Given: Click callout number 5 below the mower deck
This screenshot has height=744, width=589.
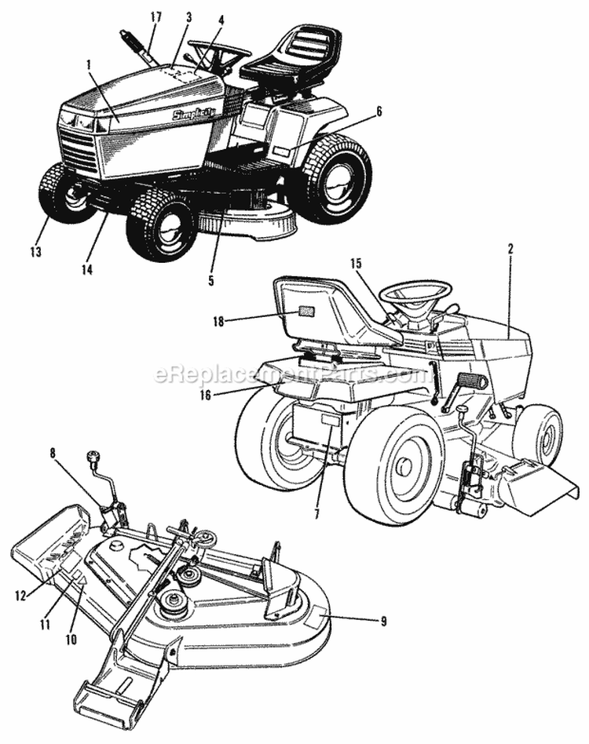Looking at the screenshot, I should pos(211,279).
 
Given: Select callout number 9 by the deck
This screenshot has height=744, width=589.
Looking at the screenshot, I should pos(383,622).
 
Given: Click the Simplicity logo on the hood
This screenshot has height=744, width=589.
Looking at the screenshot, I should pos(195,114).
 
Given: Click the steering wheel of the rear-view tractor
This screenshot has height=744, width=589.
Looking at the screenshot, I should pos(415,294).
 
